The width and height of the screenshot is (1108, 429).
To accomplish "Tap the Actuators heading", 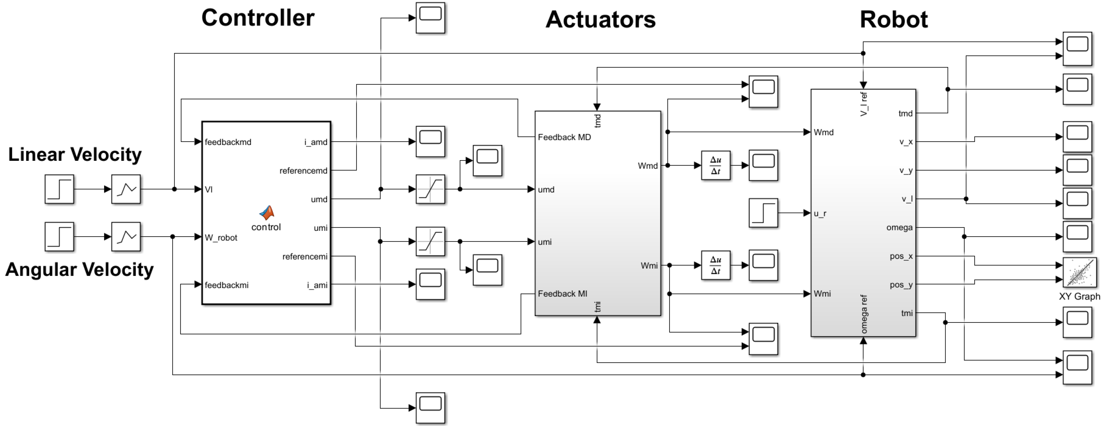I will [x=600, y=20].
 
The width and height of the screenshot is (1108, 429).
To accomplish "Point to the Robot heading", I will [x=893, y=20].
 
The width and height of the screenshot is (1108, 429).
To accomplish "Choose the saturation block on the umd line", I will [x=430, y=189].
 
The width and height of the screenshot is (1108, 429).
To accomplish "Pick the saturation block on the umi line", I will [x=430, y=242].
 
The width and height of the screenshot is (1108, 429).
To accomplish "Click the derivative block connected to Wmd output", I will [x=715, y=166].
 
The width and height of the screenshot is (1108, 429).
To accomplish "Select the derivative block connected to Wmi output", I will [x=715, y=265].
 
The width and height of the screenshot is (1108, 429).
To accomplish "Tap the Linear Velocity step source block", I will [x=59, y=189].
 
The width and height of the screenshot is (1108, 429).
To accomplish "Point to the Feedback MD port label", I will [x=564, y=137].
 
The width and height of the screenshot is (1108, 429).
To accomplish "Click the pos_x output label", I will [x=901, y=256].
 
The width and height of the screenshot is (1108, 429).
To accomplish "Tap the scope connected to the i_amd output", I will [x=430, y=141].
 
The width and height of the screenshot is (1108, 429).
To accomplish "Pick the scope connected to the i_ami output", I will [x=430, y=284].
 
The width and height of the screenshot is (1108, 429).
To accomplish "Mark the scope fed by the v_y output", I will [x=1077, y=170].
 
